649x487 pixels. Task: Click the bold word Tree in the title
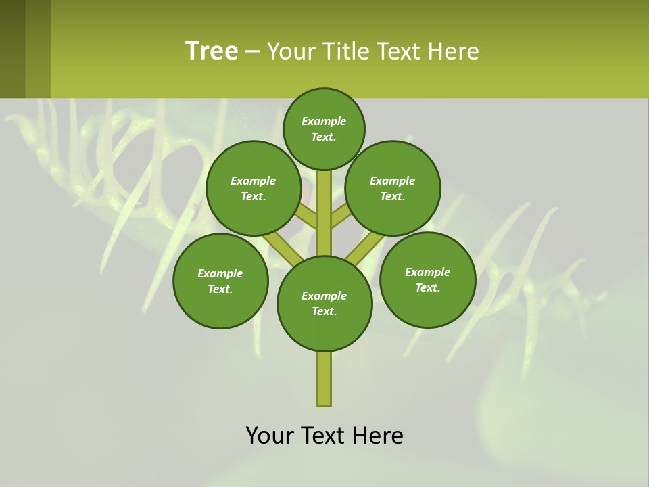pos(212,51)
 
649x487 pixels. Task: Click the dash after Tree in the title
pos(252,51)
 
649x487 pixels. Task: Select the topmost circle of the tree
pos(324,129)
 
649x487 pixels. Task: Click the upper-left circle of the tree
pos(254,188)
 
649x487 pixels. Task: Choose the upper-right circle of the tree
pos(393,188)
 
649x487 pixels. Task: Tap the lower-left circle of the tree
pos(220,281)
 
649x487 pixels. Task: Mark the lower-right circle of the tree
pos(427,279)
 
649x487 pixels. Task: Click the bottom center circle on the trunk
pos(324,303)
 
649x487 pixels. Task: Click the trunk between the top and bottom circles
pos(324,213)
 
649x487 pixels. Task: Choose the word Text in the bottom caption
pos(324,436)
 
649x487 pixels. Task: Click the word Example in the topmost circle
pos(324,121)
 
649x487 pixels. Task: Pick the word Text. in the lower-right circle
pos(427,287)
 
